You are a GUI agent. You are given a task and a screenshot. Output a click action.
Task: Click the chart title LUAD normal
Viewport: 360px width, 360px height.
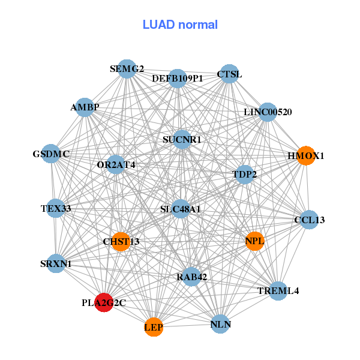[x=180, y=25]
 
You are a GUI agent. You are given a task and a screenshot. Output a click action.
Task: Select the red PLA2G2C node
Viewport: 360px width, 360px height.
[x=104, y=303]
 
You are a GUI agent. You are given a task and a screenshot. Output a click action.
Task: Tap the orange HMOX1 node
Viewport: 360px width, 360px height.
[x=306, y=155]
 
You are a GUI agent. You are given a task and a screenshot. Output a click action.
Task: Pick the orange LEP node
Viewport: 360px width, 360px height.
[x=154, y=327]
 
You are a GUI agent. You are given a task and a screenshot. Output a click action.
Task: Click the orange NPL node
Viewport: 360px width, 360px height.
[x=254, y=241]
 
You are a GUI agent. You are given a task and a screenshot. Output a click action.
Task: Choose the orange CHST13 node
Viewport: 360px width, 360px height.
[x=121, y=242]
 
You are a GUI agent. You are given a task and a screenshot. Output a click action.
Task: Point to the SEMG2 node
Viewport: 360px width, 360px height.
[x=126, y=69]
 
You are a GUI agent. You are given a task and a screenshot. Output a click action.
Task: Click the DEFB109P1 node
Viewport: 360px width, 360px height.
[x=178, y=78]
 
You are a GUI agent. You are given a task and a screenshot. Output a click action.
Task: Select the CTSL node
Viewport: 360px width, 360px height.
[x=229, y=74]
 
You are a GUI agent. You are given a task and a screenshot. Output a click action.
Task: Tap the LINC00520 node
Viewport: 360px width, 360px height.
[x=268, y=112]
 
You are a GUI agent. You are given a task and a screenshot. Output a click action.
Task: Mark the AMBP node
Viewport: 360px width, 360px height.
[x=85, y=108]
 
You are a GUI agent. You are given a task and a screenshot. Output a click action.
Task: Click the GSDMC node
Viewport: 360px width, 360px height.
[x=52, y=154]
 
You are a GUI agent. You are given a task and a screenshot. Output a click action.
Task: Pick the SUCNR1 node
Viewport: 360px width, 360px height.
[x=182, y=140]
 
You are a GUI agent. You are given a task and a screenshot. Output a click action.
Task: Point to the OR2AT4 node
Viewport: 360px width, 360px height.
[x=116, y=164]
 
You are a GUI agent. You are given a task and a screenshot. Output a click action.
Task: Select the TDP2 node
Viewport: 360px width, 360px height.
[x=244, y=175]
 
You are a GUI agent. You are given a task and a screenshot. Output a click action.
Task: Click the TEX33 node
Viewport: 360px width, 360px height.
[x=56, y=209]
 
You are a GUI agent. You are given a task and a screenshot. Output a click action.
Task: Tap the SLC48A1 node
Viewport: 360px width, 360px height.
[x=181, y=209]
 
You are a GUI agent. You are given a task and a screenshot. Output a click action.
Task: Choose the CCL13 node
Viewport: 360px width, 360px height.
[x=309, y=220]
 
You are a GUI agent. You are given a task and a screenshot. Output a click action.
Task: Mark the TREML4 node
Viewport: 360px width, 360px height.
[x=278, y=291]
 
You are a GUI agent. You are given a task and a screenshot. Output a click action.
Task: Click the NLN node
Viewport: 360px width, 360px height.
[x=220, y=325]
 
